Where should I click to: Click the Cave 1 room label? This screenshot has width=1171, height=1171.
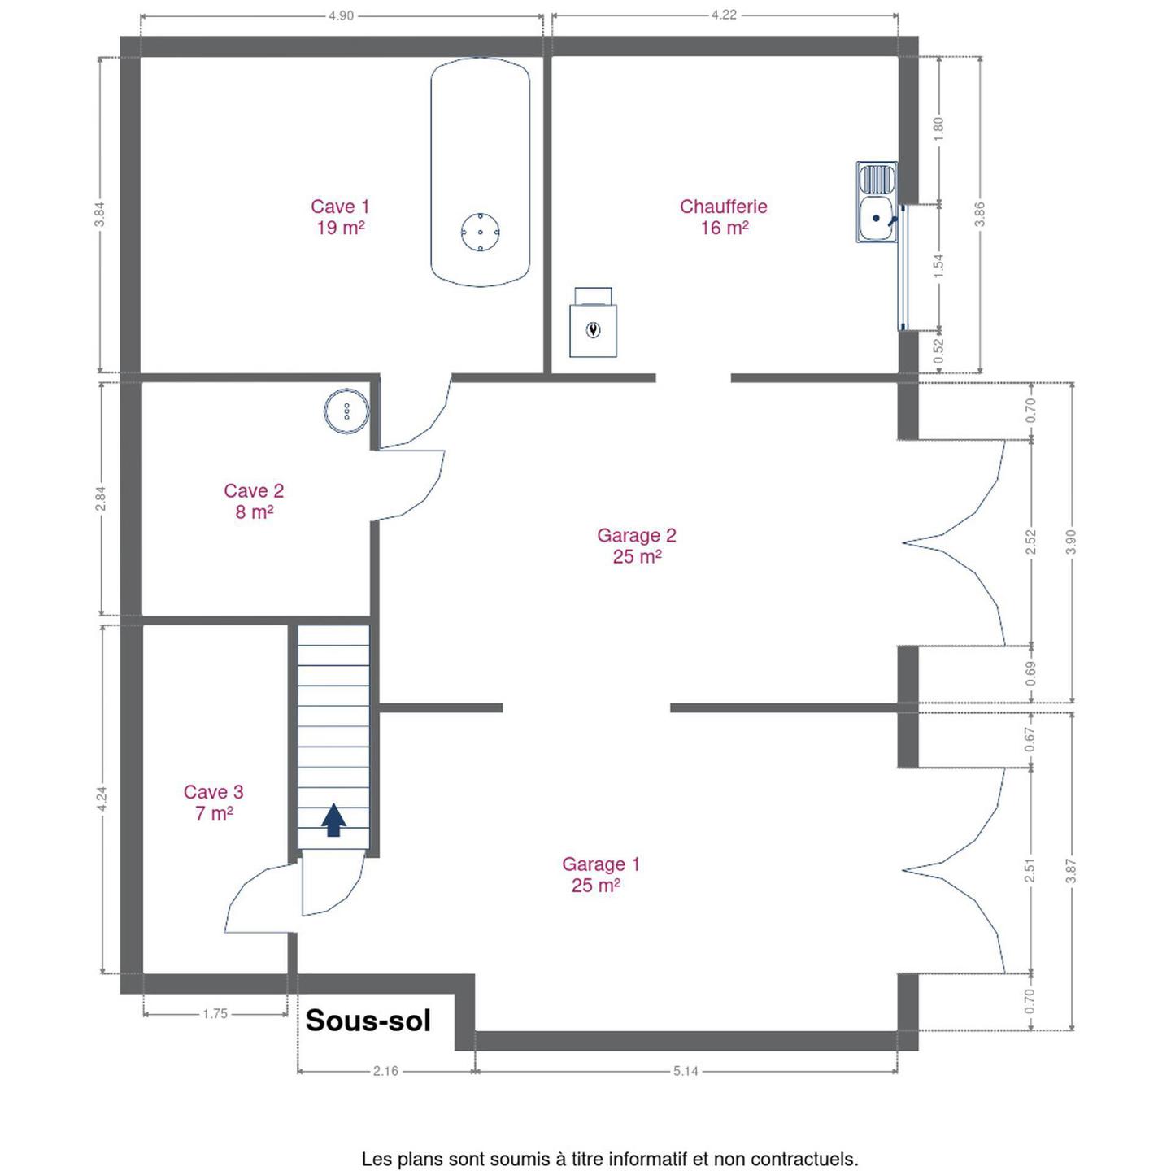click(x=340, y=217)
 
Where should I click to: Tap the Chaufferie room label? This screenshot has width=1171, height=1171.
click(x=723, y=217)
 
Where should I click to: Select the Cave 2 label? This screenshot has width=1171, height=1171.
click(x=254, y=502)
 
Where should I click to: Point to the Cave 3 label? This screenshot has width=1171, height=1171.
click(x=214, y=803)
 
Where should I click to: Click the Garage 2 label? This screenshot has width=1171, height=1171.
click(x=636, y=546)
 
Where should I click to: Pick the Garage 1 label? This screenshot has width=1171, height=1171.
click(x=600, y=874)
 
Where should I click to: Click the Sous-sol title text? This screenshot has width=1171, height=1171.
click(x=368, y=1021)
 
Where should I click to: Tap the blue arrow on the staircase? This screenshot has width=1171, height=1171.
click(x=333, y=820)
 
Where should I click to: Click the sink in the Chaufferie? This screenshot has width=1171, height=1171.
click(x=877, y=202)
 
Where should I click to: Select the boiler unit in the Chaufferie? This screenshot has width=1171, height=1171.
click(x=593, y=322)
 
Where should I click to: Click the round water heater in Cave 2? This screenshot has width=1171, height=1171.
click(x=346, y=411)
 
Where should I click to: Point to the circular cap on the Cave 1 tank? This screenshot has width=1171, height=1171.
click(x=480, y=232)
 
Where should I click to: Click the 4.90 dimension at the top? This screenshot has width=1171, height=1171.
click(x=341, y=15)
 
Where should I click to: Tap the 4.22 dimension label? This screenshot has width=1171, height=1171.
click(x=724, y=15)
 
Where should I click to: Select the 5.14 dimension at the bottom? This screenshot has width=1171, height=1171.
click(x=686, y=1071)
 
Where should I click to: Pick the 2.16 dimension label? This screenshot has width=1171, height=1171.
click(x=386, y=1071)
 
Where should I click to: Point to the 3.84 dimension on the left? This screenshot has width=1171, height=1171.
click(x=100, y=214)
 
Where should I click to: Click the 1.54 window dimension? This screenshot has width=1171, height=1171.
click(x=938, y=266)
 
